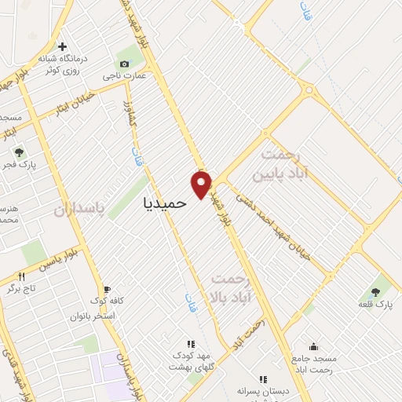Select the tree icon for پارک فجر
[x=19, y=152]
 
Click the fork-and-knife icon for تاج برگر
[x=21, y=276]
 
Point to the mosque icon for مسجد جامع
[x=313, y=346]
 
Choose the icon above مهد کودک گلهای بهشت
[x=189, y=344]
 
